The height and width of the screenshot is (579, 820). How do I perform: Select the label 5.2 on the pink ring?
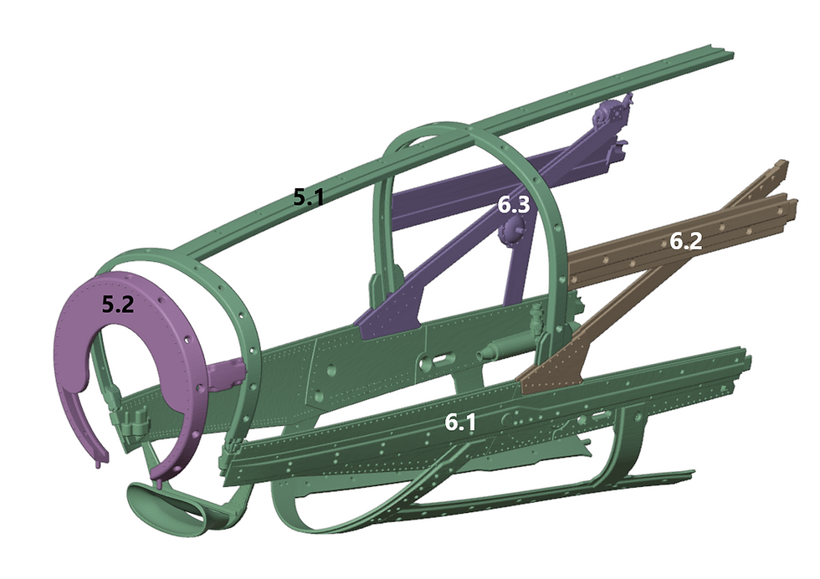click(x=117, y=305)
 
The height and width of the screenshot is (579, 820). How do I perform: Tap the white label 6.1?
click(x=459, y=423)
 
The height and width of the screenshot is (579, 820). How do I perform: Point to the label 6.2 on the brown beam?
click(x=684, y=243)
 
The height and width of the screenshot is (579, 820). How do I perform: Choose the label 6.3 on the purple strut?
click(x=513, y=205)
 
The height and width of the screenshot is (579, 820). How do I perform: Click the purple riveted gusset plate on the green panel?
click(x=393, y=314)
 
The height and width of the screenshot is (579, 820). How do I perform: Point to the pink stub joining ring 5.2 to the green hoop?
click(x=224, y=370)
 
